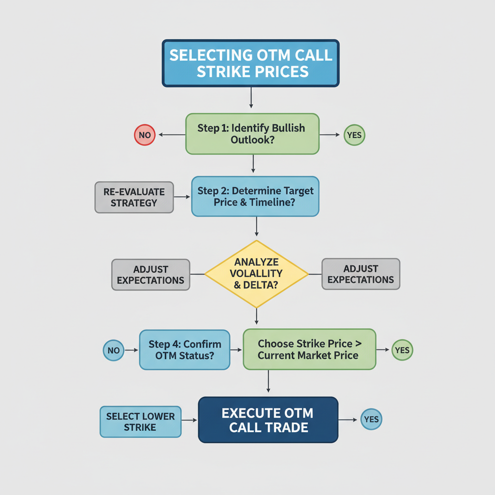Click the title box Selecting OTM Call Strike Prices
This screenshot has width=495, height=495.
click(x=250, y=63)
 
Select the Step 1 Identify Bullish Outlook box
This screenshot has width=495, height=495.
click(x=252, y=134)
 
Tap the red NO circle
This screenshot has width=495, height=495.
click(x=145, y=135)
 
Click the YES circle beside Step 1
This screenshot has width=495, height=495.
click(x=354, y=135)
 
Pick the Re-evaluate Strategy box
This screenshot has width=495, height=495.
click(x=134, y=197)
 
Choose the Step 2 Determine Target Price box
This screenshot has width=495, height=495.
click(x=255, y=196)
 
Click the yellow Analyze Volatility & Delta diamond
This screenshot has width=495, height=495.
click(x=256, y=274)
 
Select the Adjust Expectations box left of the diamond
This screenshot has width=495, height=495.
click(x=150, y=275)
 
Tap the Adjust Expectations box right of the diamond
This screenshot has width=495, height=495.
click(x=361, y=275)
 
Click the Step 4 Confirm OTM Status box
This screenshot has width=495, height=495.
click(x=185, y=350)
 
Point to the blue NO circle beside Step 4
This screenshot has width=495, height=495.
click(x=114, y=350)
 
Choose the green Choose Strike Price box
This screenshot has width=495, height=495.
click(x=309, y=349)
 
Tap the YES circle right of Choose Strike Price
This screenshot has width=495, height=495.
click(x=402, y=350)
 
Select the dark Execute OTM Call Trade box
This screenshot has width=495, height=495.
click(x=268, y=420)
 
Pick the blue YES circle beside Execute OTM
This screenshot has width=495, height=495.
click(x=371, y=420)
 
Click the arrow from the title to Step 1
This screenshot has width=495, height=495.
click(x=251, y=98)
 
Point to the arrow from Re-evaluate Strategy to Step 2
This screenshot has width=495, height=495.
click(x=182, y=197)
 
